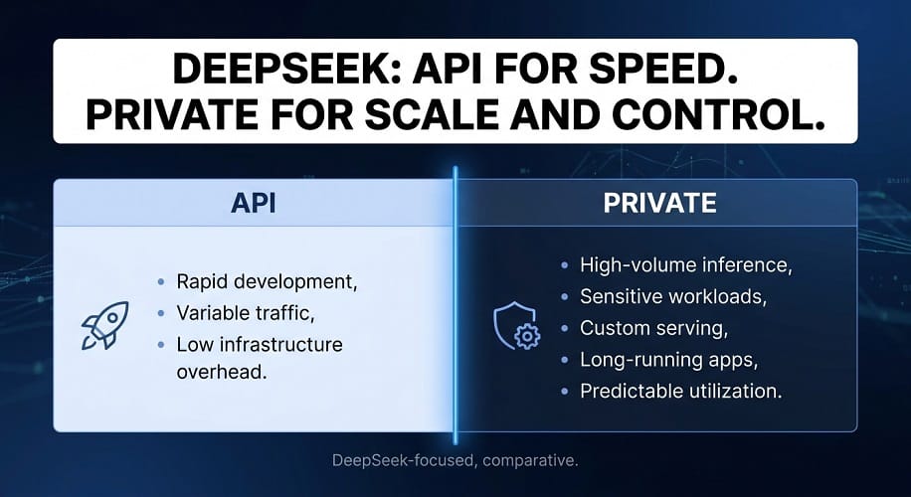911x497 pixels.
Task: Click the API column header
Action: point(253,203)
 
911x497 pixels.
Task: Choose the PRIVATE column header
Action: point(659,203)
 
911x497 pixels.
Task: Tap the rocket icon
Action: point(104,325)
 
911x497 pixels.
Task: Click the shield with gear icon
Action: point(516,326)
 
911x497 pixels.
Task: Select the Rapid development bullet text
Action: point(267,281)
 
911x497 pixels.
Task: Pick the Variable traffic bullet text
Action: point(246,313)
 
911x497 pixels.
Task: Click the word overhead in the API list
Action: point(222,372)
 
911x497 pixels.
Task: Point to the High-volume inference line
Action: point(686,265)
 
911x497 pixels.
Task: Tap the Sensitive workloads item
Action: point(673,296)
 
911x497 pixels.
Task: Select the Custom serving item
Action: point(654,328)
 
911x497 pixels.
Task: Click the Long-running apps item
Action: point(668,360)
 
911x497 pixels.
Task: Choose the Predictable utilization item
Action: point(681,391)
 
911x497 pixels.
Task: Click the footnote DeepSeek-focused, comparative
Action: point(455,461)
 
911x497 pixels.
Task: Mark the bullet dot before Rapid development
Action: point(161,282)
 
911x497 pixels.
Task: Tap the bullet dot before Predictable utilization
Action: point(564,392)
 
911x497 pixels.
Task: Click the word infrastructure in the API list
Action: point(276,344)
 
